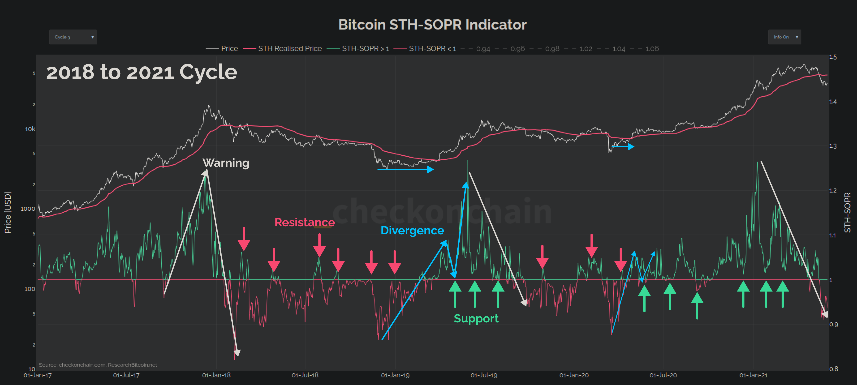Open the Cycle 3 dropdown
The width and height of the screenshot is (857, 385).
coord(73,37)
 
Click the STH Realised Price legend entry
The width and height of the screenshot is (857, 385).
coord(290,49)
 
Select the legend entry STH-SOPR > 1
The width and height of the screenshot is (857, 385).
coord(365,49)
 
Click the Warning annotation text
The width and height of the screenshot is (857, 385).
coord(226,163)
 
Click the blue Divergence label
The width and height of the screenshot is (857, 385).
coord(412,231)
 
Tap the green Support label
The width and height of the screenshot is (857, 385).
coord(476,319)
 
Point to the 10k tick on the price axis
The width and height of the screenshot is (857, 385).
coord(30,129)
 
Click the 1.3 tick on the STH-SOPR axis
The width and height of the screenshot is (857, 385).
coord(833,146)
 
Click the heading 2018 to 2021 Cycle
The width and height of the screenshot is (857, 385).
coord(141,72)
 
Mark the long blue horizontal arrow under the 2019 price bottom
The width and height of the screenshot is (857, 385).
coord(405,169)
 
